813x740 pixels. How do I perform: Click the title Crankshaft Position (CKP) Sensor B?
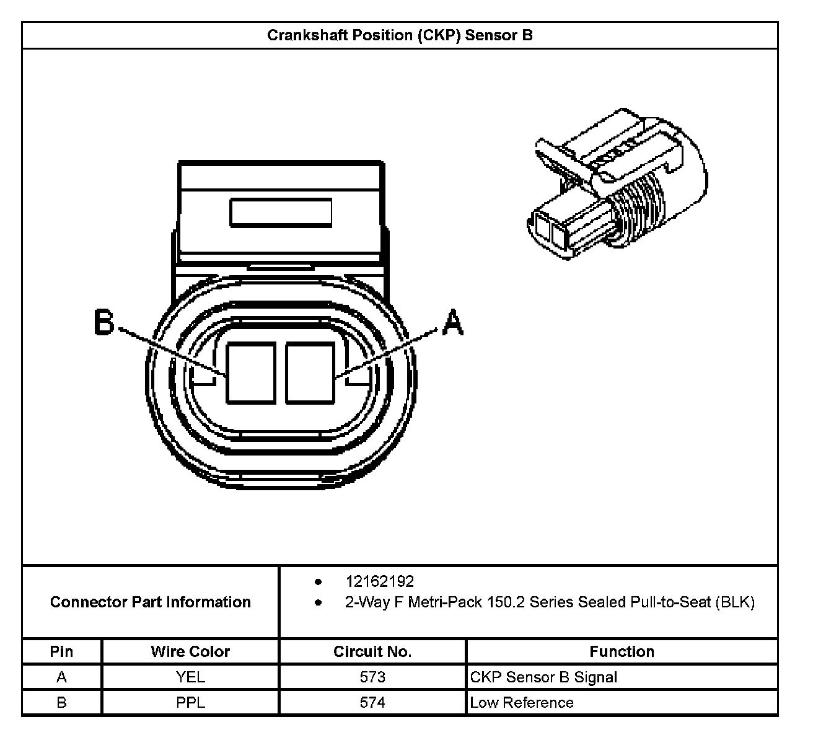pyautogui.click(x=400, y=35)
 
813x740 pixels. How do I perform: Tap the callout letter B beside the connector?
pyautogui.click(x=103, y=323)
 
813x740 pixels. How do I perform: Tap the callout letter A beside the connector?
pyautogui.click(x=453, y=323)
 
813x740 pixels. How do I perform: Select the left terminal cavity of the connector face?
pyautogui.click(x=250, y=372)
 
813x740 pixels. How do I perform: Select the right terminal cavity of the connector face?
pyautogui.click(x=310, y=372)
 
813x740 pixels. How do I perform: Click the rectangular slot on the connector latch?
pyautogui.click(x=281, y=212)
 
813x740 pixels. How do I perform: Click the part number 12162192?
pyautogui.click(x=379, y=581)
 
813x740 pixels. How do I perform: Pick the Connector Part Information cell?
pyautogui.click(x=151, y=602)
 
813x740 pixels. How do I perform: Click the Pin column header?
pyautogui.click(x=61, y=651)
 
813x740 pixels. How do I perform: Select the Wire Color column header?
pyautogui.click(x=190, y=651)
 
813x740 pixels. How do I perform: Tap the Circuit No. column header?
pyautogui.click(x=372, y=651)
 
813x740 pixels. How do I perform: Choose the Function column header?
pyautogui.click(x=622, y=651)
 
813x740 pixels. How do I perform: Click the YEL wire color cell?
pyautogui.click(x=190, y=677)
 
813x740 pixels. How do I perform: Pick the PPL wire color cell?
pyautogui.click(x=190, y=702)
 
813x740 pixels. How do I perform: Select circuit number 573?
pyautogui.click(x=372, y=677)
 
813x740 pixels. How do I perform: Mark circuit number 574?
pyautogui.click(x=372, y=702)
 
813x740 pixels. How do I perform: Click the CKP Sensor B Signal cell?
pyautogui.click(x=543, y=677)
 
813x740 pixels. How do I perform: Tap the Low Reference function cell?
pyautogui.click(x=522, y=702)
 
